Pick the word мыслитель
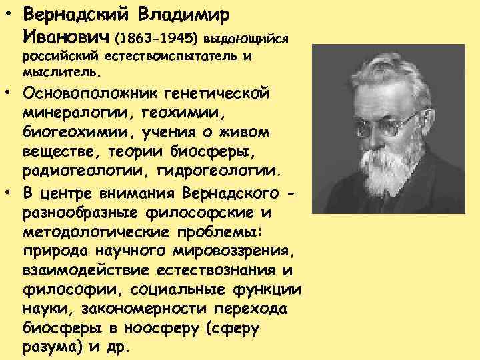click(x=61, y=69)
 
